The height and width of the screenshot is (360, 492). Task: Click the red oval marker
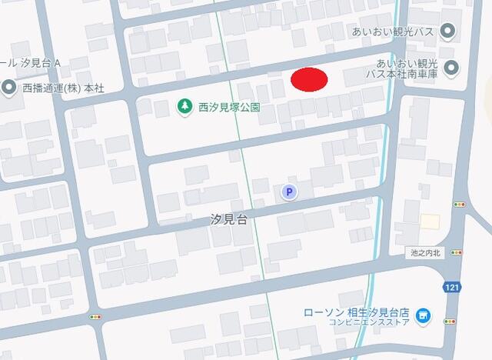(x=310, y=79)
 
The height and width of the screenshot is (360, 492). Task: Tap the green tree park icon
(x=184, y=107)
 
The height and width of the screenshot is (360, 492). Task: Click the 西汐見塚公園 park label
(x=228, y=108)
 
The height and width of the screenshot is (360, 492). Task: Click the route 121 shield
(x=451, y=287)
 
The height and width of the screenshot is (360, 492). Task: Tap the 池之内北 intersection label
(x=425, y=252)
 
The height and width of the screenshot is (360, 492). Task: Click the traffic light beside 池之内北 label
(x=457, y=252)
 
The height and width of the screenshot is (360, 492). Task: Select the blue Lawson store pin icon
(x=421, y=315)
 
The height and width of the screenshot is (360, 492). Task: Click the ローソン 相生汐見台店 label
(x=356, y=312)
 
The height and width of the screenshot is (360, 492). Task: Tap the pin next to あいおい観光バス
(x=450, y=32)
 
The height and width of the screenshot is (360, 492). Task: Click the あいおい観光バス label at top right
(x=394, y=31)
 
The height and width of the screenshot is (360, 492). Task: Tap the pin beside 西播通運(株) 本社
(x=8, y=87)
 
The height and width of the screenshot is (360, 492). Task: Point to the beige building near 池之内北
(x=430, y=222)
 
